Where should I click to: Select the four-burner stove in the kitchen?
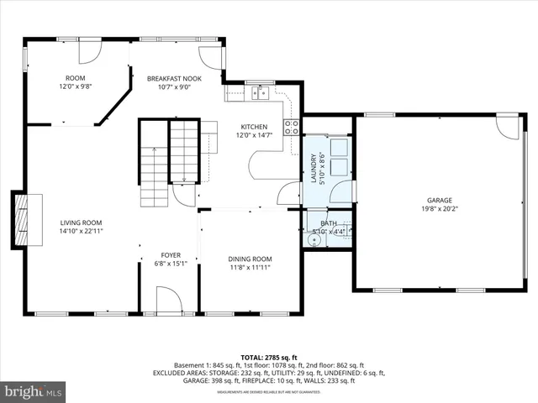pos(292,127)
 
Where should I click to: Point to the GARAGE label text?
pos(439,200)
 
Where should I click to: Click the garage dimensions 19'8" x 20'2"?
pos(439,209)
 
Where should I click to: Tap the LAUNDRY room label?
pos(313,169)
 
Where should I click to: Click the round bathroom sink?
pos(314,239)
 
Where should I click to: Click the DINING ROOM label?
pos(251,259)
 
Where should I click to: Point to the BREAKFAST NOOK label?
pos(169,78)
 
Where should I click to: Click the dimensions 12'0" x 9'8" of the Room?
pos(75,86)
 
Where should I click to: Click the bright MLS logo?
pos(34,391)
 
